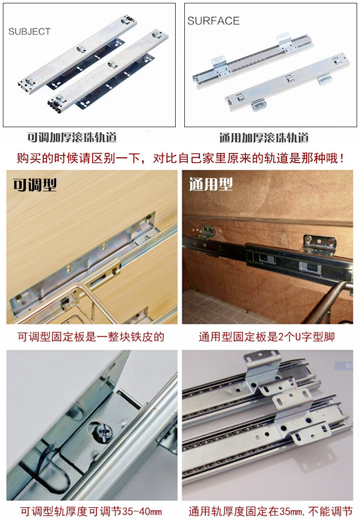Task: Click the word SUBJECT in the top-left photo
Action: pos(29,32)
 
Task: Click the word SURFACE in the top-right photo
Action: pos(213,21)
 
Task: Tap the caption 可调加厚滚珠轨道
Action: pos(72,138)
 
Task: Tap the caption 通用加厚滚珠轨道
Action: pos(264,138)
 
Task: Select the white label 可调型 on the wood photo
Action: pos(35,185)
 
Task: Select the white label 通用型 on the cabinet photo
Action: pos(211,185)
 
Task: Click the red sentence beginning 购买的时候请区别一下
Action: pos(180,158)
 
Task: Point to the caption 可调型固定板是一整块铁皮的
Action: pos(91,337)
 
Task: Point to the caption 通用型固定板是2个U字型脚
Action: pos(267,337)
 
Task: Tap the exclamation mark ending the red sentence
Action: pos(342,158)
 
